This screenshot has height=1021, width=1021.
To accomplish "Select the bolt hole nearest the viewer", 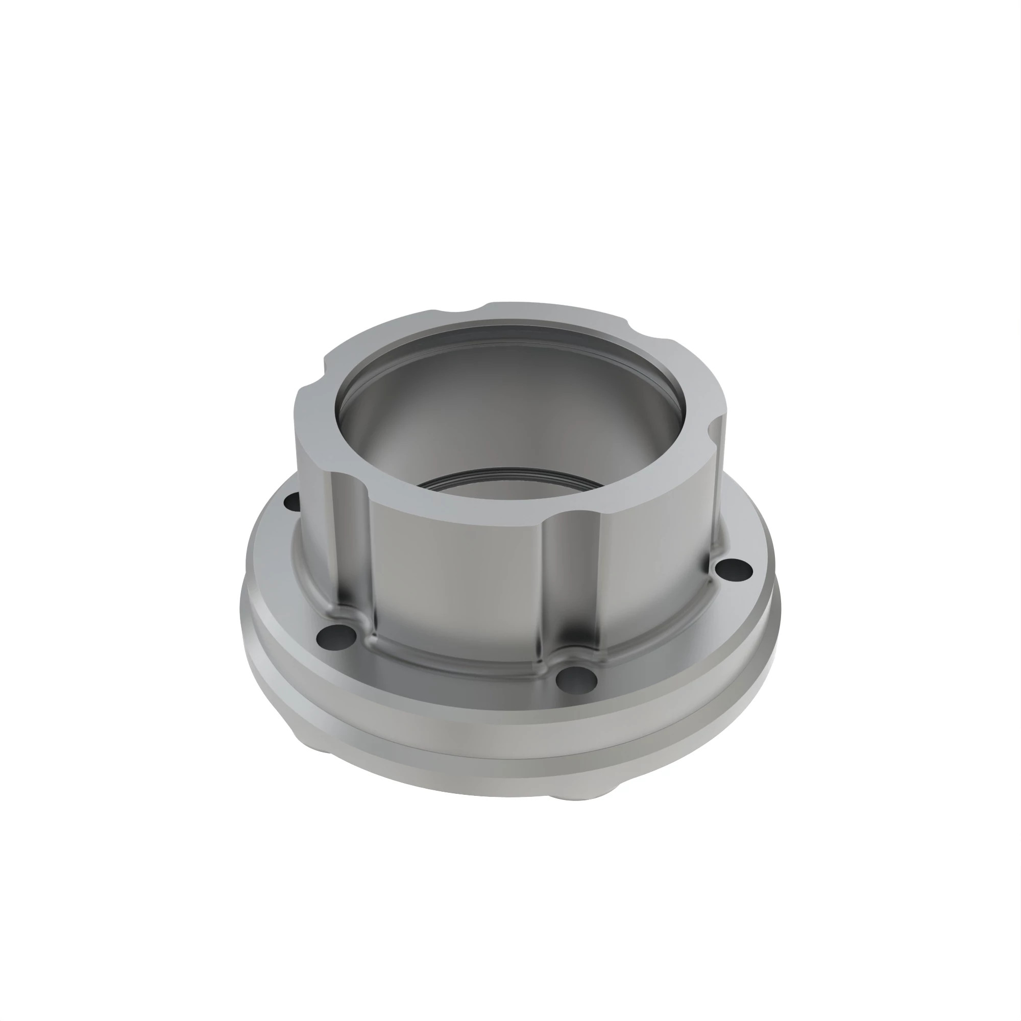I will [577, 680].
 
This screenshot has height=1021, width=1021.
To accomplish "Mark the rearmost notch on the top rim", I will [464, 312].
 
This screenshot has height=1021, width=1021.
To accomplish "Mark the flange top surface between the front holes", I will [449, 679].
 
